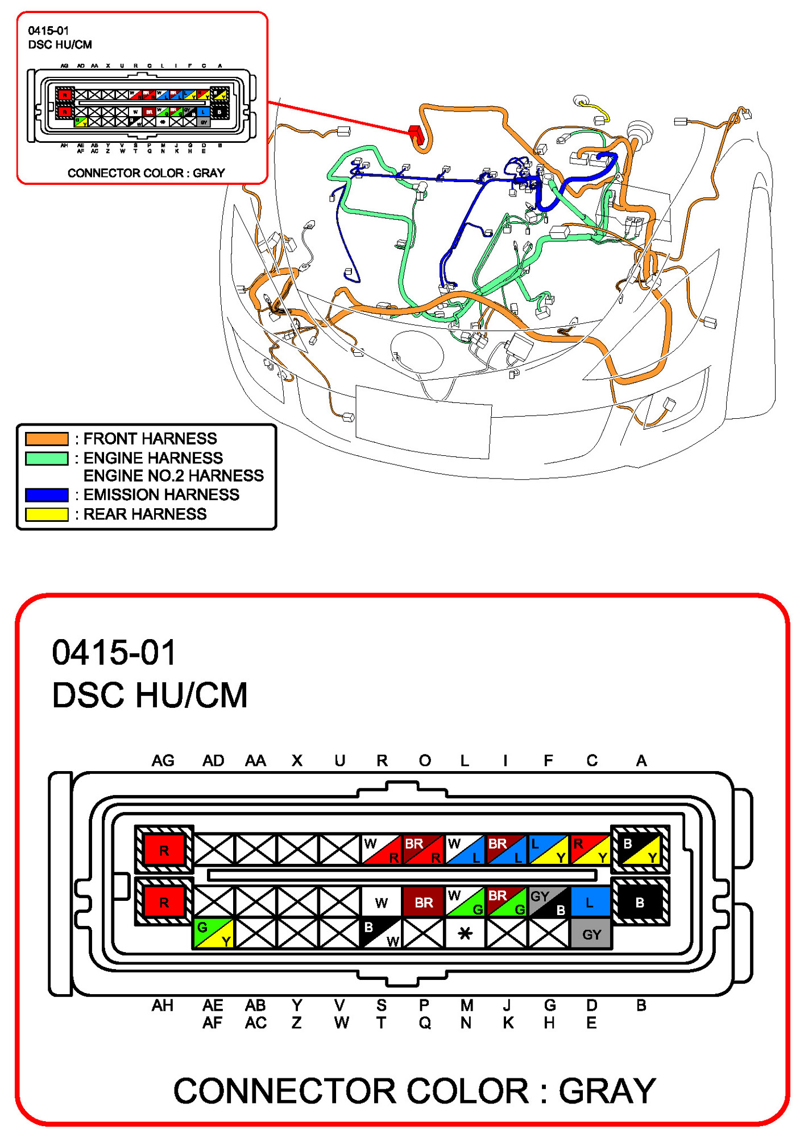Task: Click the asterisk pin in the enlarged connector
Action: click(465, 933)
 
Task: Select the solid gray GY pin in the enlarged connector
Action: click(591, 934)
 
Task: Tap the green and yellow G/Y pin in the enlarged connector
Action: click(213, 933)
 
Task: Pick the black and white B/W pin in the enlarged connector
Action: click(381, 933)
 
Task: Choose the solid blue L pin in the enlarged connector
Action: click(590, 902)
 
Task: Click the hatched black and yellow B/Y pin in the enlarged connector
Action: click(640, 850)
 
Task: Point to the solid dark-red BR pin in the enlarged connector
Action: click(424, 902)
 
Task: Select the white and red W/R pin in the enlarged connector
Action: click(382, 850)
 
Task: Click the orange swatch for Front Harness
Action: click(47, 438)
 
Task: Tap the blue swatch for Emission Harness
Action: click(47, 495)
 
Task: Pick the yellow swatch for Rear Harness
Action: click(47, 514)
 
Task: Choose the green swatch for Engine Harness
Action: click(47, 458)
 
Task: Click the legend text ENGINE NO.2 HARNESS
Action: click(173, 475)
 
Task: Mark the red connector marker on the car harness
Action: click(416, 133)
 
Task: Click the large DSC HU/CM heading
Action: click(150, 695)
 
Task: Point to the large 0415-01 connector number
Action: click(114, 652)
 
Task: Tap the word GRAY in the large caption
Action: click(607, 1091)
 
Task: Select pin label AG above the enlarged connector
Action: click(163, 760)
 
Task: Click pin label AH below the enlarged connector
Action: click(163, 1006)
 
